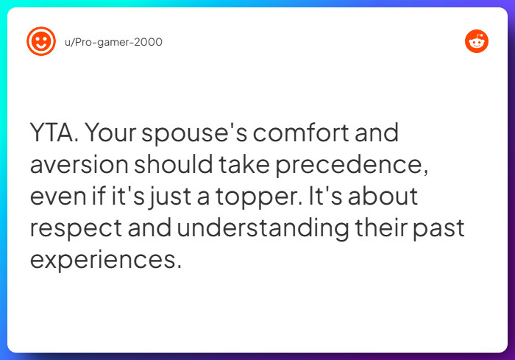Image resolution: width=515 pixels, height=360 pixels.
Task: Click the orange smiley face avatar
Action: [x=40, y=41]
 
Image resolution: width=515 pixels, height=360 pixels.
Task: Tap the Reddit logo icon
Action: [x=477, y=41]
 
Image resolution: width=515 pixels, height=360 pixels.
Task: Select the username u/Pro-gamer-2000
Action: [x=113, y=42]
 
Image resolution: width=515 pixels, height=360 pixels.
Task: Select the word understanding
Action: [x=262, y=228]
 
